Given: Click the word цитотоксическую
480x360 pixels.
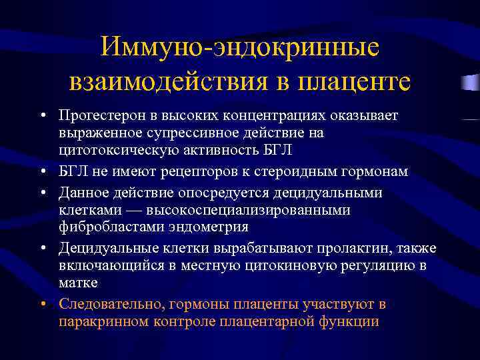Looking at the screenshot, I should (x=115, y=149).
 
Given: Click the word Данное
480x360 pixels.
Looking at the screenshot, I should (x=82, y=193).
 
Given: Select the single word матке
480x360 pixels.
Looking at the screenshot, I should (x=77, y=282).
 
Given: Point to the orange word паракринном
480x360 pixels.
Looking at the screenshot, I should (x=100, y=321).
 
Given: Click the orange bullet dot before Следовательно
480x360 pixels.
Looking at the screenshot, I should (x=42, y=305).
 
